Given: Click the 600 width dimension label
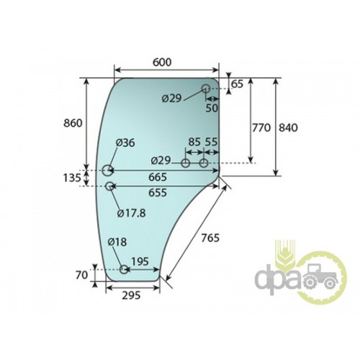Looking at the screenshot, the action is (162, 62).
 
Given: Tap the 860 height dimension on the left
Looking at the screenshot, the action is (73, 123).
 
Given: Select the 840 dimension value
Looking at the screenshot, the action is (288, 127).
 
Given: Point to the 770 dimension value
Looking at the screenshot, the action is (261, 127).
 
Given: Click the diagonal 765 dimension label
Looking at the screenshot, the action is (210, 238).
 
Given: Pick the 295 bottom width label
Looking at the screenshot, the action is (131, 295).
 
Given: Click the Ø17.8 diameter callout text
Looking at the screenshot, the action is (131, 213).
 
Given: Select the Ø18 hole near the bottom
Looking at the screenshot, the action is (124, 269).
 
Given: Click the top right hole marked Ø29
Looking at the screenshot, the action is (205, 89).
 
